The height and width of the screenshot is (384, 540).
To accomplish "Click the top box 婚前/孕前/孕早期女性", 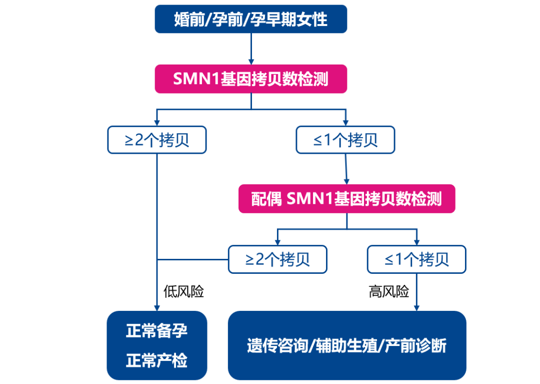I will (x=250, y=19).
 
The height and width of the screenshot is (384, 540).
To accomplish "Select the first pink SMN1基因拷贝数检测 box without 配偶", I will (x=250, y=79).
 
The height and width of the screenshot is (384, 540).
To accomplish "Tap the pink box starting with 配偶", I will (x=346, y=199).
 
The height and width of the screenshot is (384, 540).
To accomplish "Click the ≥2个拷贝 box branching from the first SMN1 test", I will (x=157, y=140).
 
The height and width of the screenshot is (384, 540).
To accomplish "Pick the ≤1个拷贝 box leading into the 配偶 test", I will (x=345, y=140).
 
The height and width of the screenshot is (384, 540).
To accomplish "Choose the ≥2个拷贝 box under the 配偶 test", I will (x=277, y=259).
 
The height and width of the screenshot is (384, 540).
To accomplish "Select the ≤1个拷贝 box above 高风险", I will (x=416, y=259).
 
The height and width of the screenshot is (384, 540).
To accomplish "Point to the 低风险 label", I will (x=183, y=292).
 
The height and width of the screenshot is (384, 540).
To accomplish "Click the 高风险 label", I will (x=389, y=292).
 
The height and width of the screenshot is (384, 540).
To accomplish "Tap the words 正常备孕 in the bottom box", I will (x=157, y=331).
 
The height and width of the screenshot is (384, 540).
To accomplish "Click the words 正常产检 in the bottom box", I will (x=157, y=360).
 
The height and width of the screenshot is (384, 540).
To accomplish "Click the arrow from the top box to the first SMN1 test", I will (x=250, y=50).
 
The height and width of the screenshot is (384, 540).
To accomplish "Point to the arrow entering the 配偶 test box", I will (x=346, y=175).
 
